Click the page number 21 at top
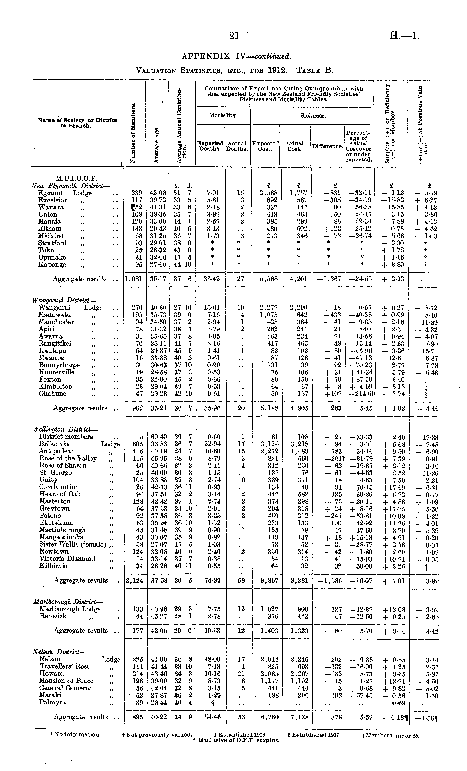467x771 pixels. (x=234, y=36)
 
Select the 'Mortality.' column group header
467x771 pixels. (x=223, y=115)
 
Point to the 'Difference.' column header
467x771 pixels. (x=327, y=146)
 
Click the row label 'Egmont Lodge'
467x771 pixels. (x=65, y=193)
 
